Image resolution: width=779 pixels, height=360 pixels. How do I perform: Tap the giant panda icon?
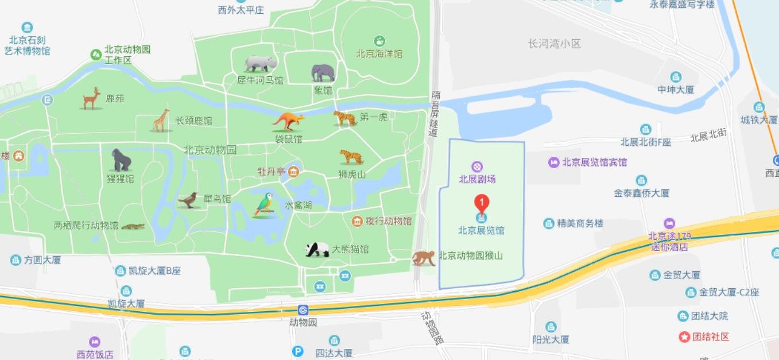[x=317, y=249]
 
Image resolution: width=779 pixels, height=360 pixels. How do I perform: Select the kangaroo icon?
[x=288, y=121]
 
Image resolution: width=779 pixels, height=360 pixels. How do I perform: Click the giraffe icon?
[x=161, y=121]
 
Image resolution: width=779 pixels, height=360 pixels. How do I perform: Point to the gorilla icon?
[x=121, y=160]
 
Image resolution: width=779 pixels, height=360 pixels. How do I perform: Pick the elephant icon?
[x=323, y=73]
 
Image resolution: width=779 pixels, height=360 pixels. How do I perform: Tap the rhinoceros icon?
[x=260, y=63]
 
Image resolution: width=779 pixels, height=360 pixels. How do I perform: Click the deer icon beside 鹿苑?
[x=91, y=99]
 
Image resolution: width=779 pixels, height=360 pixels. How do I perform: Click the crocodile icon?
[x=133, y=227]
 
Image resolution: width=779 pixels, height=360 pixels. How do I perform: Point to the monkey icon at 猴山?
[x=423, y=258]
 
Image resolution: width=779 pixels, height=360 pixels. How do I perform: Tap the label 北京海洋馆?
[x=379, y=54]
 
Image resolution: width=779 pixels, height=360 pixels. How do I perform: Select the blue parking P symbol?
[x=297, y=351]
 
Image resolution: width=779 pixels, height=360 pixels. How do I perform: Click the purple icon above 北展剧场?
[x=477, y=167]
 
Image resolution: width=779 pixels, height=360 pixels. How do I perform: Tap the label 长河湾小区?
[x=555, y=44]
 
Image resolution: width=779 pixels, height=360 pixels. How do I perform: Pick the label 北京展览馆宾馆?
[x=594, y=162]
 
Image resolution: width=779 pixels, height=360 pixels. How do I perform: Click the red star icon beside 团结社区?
[x=684, y=336]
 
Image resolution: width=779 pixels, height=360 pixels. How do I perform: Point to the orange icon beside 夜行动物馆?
[x=357, y=221]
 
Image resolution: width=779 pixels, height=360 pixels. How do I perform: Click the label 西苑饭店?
[x=95, y=354]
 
